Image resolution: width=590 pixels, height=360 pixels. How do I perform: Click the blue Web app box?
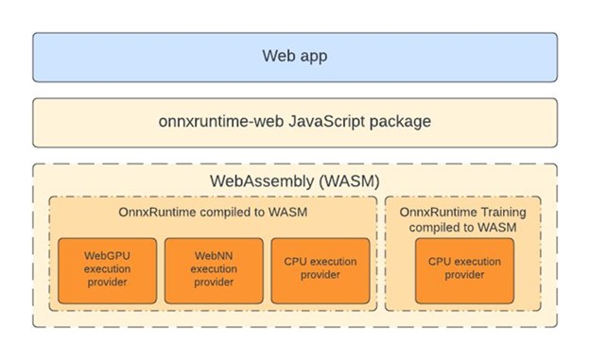point(294,56)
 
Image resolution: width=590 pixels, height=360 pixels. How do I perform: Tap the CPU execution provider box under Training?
point(463,270)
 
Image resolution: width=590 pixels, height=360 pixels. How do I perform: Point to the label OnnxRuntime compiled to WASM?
point(213,213)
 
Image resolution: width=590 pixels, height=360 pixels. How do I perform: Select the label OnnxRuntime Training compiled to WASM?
point(463,220)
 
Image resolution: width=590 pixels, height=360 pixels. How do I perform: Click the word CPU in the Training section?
point(440,262)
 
